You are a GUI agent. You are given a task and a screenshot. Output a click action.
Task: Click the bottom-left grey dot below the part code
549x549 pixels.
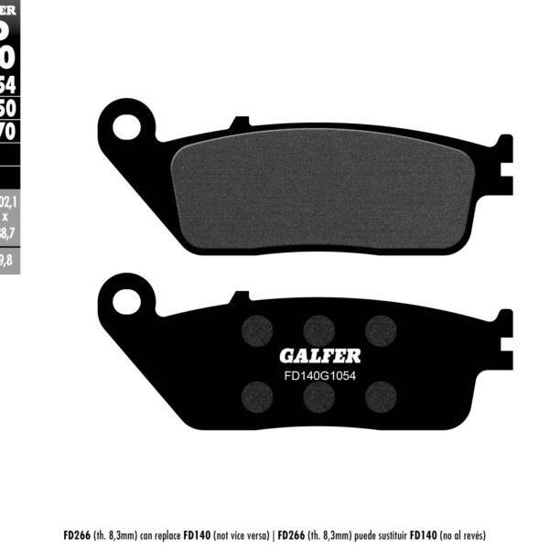257,395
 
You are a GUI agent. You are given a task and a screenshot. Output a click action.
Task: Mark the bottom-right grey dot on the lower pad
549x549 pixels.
380,395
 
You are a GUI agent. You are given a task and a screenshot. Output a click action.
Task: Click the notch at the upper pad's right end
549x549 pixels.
504,168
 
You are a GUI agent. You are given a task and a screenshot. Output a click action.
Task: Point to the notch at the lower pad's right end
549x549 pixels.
504,343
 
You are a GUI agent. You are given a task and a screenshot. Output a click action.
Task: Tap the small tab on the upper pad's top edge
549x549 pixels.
240,122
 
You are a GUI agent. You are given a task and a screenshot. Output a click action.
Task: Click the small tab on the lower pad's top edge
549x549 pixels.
240,297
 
